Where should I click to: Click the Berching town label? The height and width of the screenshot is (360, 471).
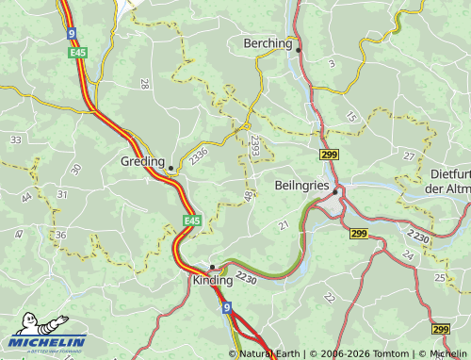click(268, 43)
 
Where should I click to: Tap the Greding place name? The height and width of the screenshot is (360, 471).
click(142, 161)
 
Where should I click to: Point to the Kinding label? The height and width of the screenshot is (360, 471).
click(212, 282)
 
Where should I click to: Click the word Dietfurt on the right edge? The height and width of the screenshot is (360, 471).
click(449, 174)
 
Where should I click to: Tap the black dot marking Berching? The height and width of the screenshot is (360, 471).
click(299, 49)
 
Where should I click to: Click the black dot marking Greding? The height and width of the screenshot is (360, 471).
click(171, 169)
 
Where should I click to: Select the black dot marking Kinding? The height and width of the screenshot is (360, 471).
click(212, 267)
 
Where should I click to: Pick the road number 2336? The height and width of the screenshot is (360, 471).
click(198, 156)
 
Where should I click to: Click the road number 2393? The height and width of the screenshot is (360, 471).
click(255, 144)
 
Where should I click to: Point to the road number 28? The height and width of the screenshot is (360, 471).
click(144, 84)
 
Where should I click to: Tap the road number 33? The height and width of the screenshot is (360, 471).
click(15, 139)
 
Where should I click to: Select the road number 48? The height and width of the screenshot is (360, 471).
click(249, 196)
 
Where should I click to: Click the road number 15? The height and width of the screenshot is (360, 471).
click(351, 117)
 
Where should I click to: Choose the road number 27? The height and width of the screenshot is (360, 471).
click(408, 155)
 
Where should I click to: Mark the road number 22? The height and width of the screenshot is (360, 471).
click(329, 297)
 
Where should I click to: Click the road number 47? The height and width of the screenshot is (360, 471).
click(19, 233)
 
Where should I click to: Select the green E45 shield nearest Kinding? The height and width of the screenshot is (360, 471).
click(192, 221)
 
